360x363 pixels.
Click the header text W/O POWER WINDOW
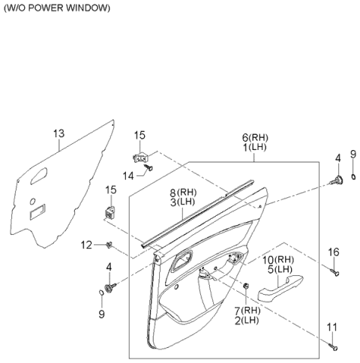pyautogui.click(x=57, y=7)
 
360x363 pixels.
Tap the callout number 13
pyautogui.click(x=59, y=133)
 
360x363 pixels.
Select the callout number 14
pyautogui.click(x=128, y=175)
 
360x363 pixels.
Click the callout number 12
pyautogui.click(x=86, y=244)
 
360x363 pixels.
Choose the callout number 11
pyautogui.click(x=333, y=327)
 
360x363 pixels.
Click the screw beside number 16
pyautogui.click(x=334, y=271)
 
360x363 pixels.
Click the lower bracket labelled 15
pyautogui.click(x=110, y=211)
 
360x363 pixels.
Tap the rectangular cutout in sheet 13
pyautogui.click(x=37, y=213)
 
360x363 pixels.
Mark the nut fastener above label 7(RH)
pyautogui.click(x=245, y=285)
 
